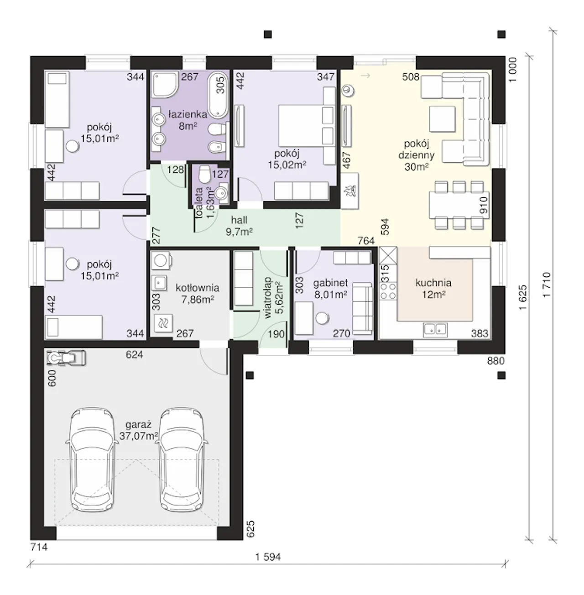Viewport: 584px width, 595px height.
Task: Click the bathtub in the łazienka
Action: click(x=217, y=94)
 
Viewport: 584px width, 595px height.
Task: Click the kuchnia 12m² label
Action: click(x=433, y=289)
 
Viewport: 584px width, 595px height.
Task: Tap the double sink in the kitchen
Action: click(x=435, y=330)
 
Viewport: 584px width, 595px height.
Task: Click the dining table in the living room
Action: click(x=459, y=205)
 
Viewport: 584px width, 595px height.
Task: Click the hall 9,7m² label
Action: click(x=239, y=226)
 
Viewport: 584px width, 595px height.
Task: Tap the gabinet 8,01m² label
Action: click(x=330, y=289)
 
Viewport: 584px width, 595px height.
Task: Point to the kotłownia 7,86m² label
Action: click(x=198, y=293)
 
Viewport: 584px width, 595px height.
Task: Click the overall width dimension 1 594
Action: click(x=268, y=557)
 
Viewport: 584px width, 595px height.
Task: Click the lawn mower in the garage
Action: click(x=66, y=358)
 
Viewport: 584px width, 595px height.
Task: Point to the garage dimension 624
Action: click(x=135, y=355)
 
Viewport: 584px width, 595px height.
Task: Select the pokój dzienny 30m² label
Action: click(x=416, y=155)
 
